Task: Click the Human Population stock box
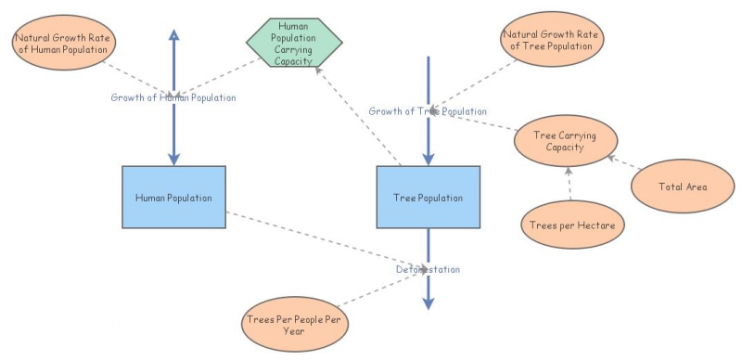tap(173, 198)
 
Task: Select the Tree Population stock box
tap(428, 198)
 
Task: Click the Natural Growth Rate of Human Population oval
tap(58, 42)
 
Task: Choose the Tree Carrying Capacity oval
tap(564, 141)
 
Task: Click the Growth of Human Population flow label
tap(173, 96)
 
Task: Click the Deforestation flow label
tap(428, 269)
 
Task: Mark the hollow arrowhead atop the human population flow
tap(173, 35)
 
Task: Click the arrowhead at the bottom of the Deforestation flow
tap(428, 302)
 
